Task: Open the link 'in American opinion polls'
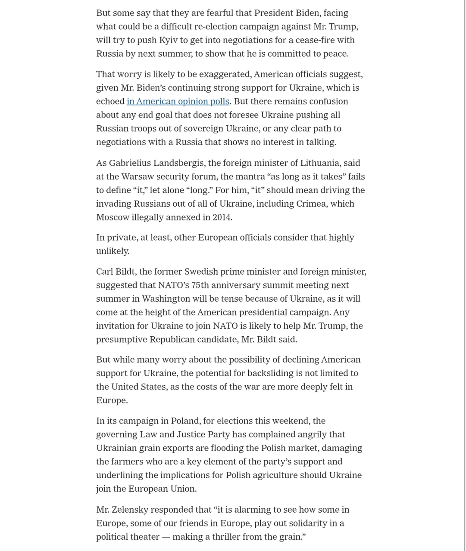[178, 101]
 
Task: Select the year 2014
[222, 217]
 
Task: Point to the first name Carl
[104, 272]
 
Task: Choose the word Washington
[166, 299]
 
